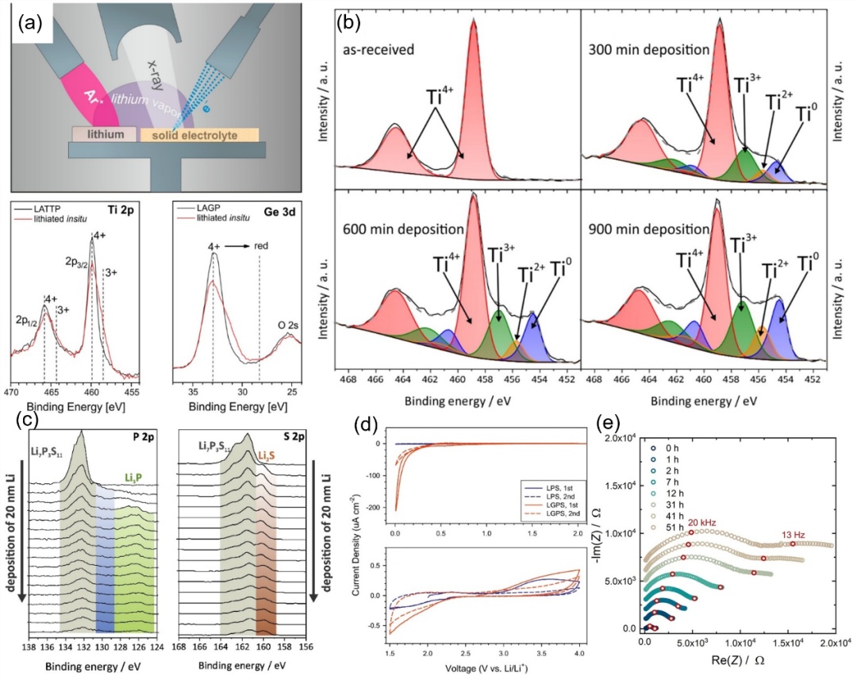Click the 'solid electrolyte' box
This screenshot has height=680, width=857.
[x=199, y=135]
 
